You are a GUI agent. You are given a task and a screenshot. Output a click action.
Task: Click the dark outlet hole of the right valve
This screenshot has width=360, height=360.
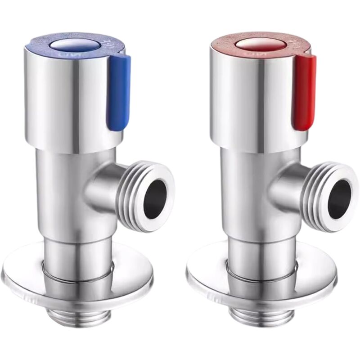(339, 198)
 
